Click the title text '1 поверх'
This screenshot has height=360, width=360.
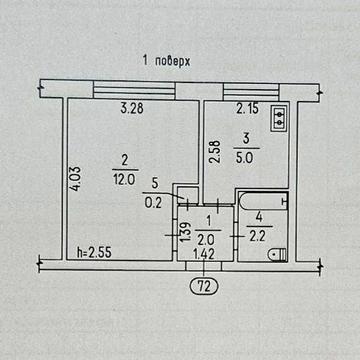(166, 62)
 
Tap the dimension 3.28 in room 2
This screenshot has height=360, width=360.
(132, 109)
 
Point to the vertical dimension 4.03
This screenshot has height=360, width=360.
(76, 179)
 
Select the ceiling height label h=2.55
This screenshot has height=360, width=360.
(94, 252)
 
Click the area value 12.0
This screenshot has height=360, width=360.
(125, 180)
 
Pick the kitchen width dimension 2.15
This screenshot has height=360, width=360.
(247, 109)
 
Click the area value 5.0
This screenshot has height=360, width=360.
(244, 158)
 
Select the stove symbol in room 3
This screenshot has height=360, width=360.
(279, 118)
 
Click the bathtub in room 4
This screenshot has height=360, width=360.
(264, 201)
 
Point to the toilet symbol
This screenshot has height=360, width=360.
(277, 255)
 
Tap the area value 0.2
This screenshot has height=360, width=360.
(153, 203)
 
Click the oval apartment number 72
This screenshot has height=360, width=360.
(204, 286)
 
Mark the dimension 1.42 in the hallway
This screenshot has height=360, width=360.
(204, 255)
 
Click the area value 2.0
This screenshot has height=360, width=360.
(205, 239)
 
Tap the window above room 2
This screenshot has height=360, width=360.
(134, 89)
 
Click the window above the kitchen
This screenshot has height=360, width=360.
(251, 92)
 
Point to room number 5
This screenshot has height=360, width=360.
(154, 183)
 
